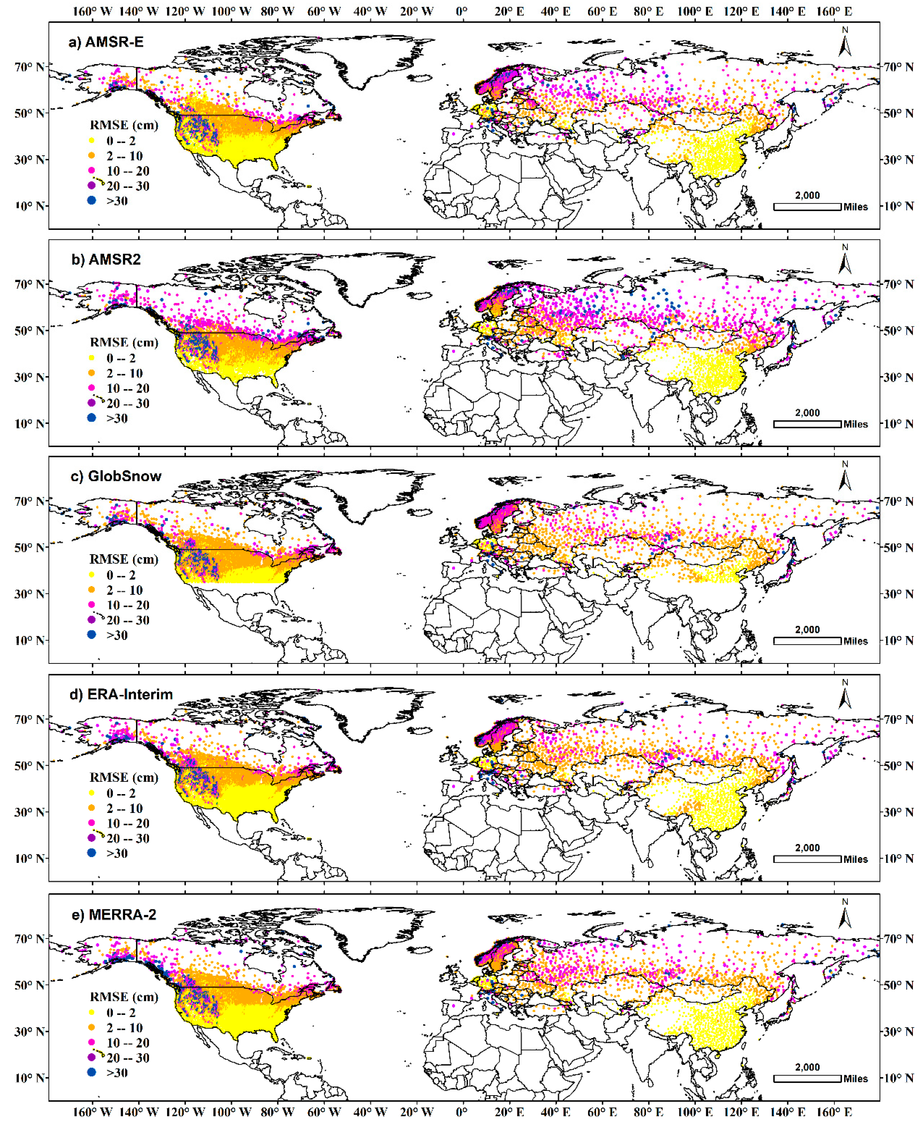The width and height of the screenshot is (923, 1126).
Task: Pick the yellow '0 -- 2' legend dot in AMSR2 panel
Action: click(91, 358)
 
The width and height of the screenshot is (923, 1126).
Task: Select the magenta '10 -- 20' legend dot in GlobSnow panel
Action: click(91, 605)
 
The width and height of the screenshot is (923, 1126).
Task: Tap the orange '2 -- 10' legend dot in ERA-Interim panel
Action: click(91, 808)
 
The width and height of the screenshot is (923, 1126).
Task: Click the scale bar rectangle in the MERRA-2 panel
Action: click(807, 1079)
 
